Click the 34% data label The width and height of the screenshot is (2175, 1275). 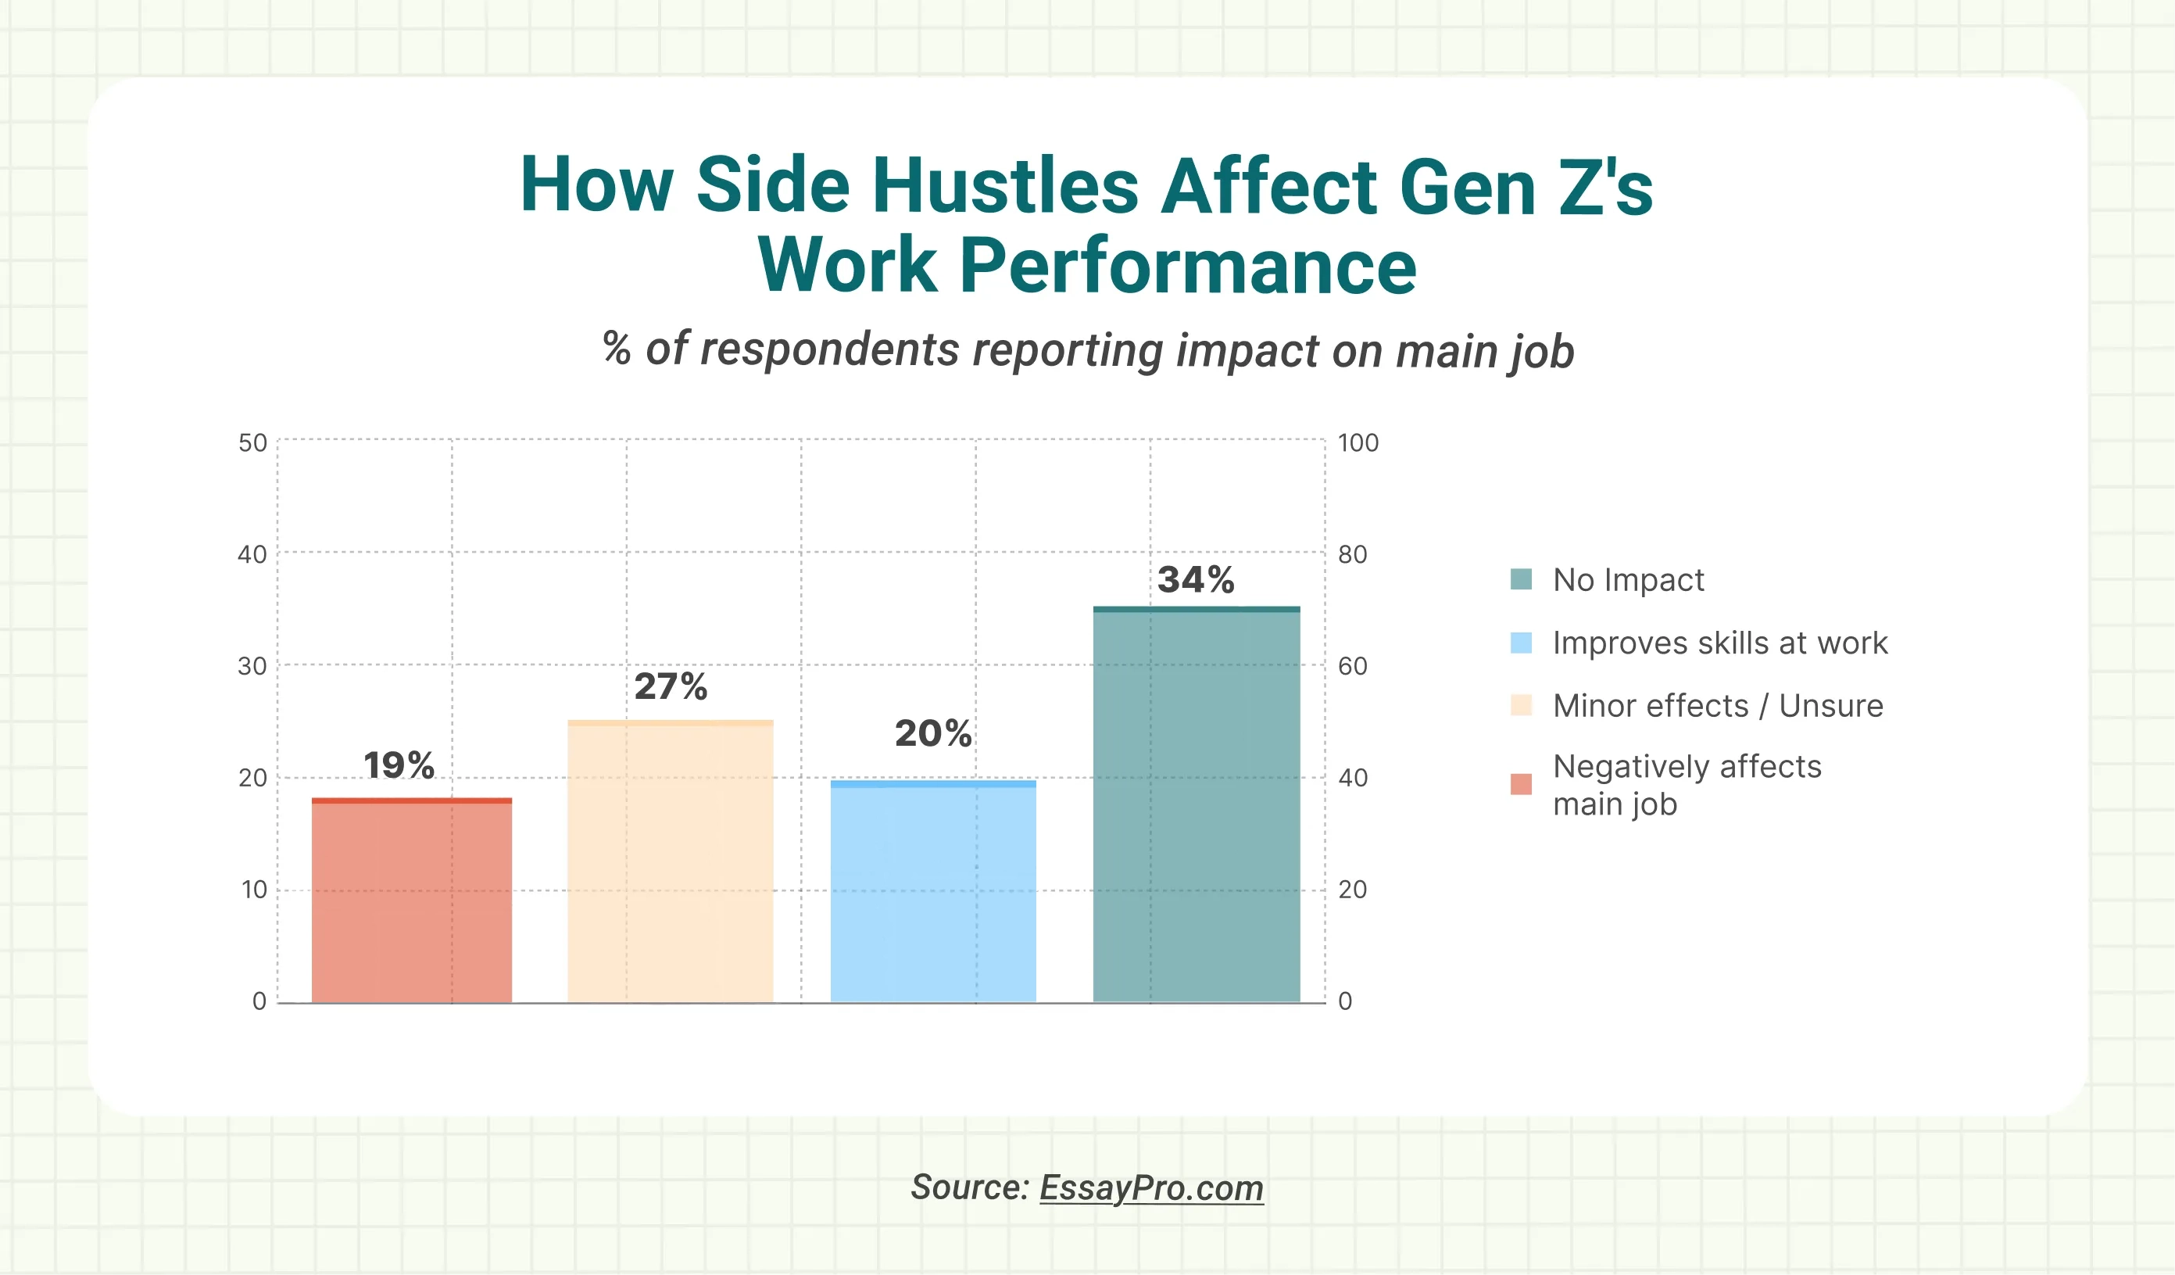pyautogui.click(x=1196, y=579)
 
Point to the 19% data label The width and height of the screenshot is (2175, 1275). pyautogui.click(x=399, y=765)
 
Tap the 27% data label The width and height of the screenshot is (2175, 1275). pyautogui.click(x=671, y=686)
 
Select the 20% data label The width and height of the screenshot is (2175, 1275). pyautogui.click(x=933, y=733)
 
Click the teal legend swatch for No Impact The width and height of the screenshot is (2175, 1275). pyautogui.click(x=1521, y=579)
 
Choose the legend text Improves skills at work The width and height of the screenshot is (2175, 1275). pyautogui.click(x=1719, y=643)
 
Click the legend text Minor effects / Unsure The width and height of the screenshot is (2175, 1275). pyautogui.click(x=1718, y=706)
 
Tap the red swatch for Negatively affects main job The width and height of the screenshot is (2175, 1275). pyautogui.click(x=1521, y=784)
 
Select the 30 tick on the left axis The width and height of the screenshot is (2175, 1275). pyautogui.click(x=253, y=666)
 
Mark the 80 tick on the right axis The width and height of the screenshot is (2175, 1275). pyautogui.click(x=1353, y=554)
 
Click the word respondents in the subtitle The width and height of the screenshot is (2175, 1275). pyautogui.click(x=829, y=349)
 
